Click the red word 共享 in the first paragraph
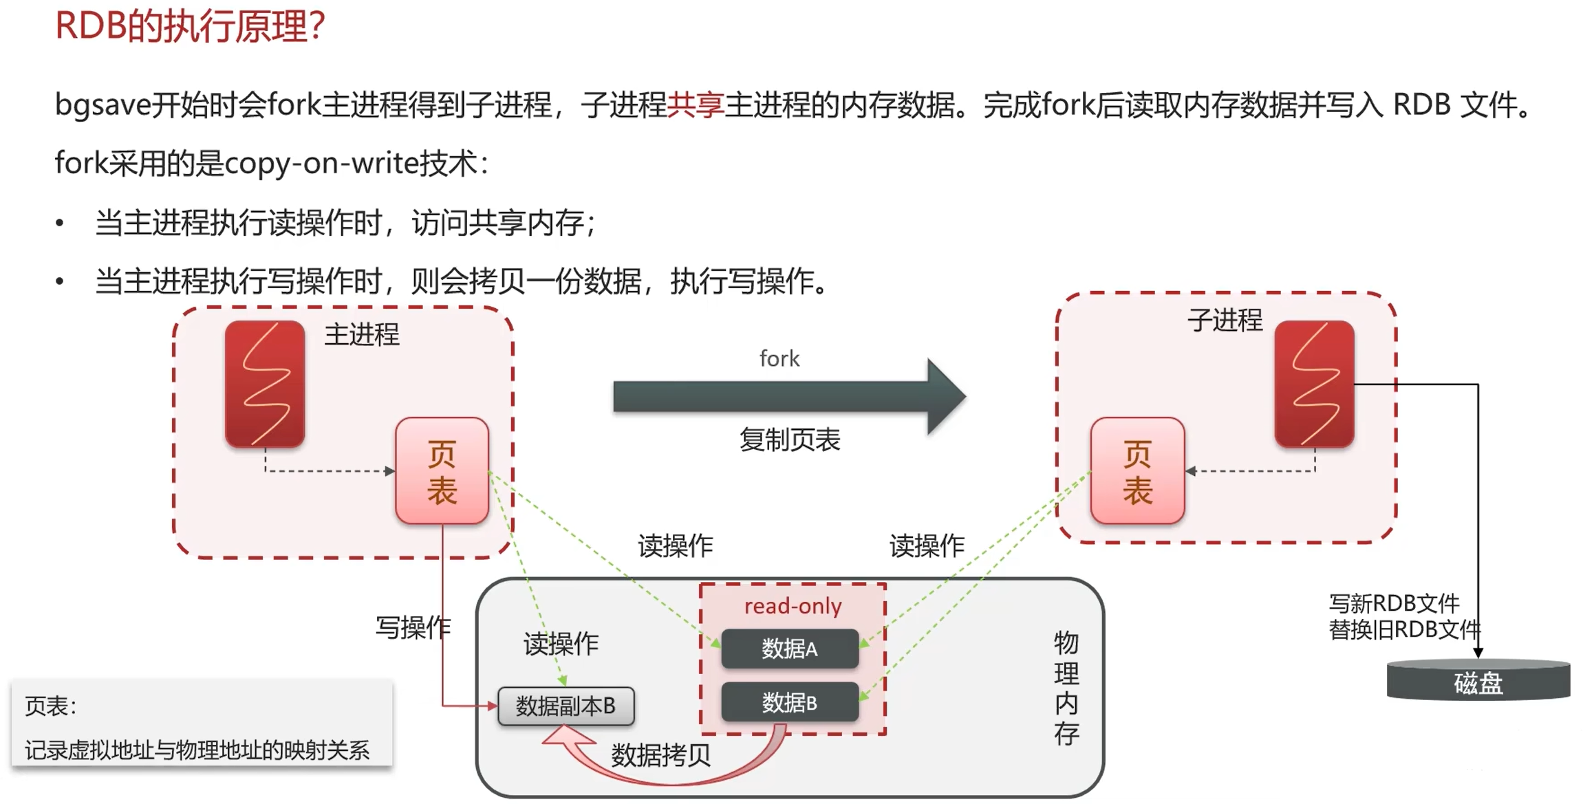tap(696, 105)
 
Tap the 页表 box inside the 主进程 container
tap(442, 471)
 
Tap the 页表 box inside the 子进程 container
tap(1137, 471)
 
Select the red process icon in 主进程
tap(265, 384)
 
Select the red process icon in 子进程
tap(1314, 384)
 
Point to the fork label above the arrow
tap(779, 358)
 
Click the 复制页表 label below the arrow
tap(790, 439)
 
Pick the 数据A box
tap(790, 649)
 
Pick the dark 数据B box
tap(790, 702)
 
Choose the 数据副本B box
tap(566, 706)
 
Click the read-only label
tap(793, 606)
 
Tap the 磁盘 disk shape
tap(1478, 682)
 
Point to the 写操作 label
tap(413, 627)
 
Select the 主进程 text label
tap(361, 335)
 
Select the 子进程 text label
tap(1225, 320)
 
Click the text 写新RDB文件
tap(1393, 603)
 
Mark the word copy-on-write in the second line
tap(322, 164)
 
